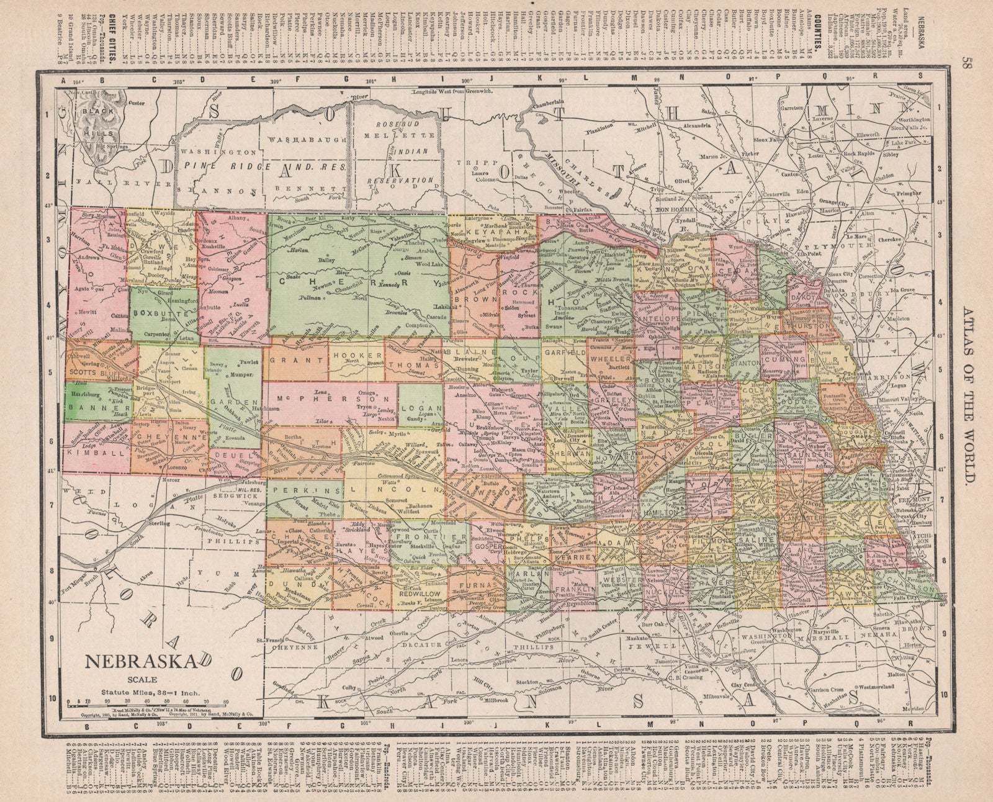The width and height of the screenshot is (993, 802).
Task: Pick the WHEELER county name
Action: point(611,359)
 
